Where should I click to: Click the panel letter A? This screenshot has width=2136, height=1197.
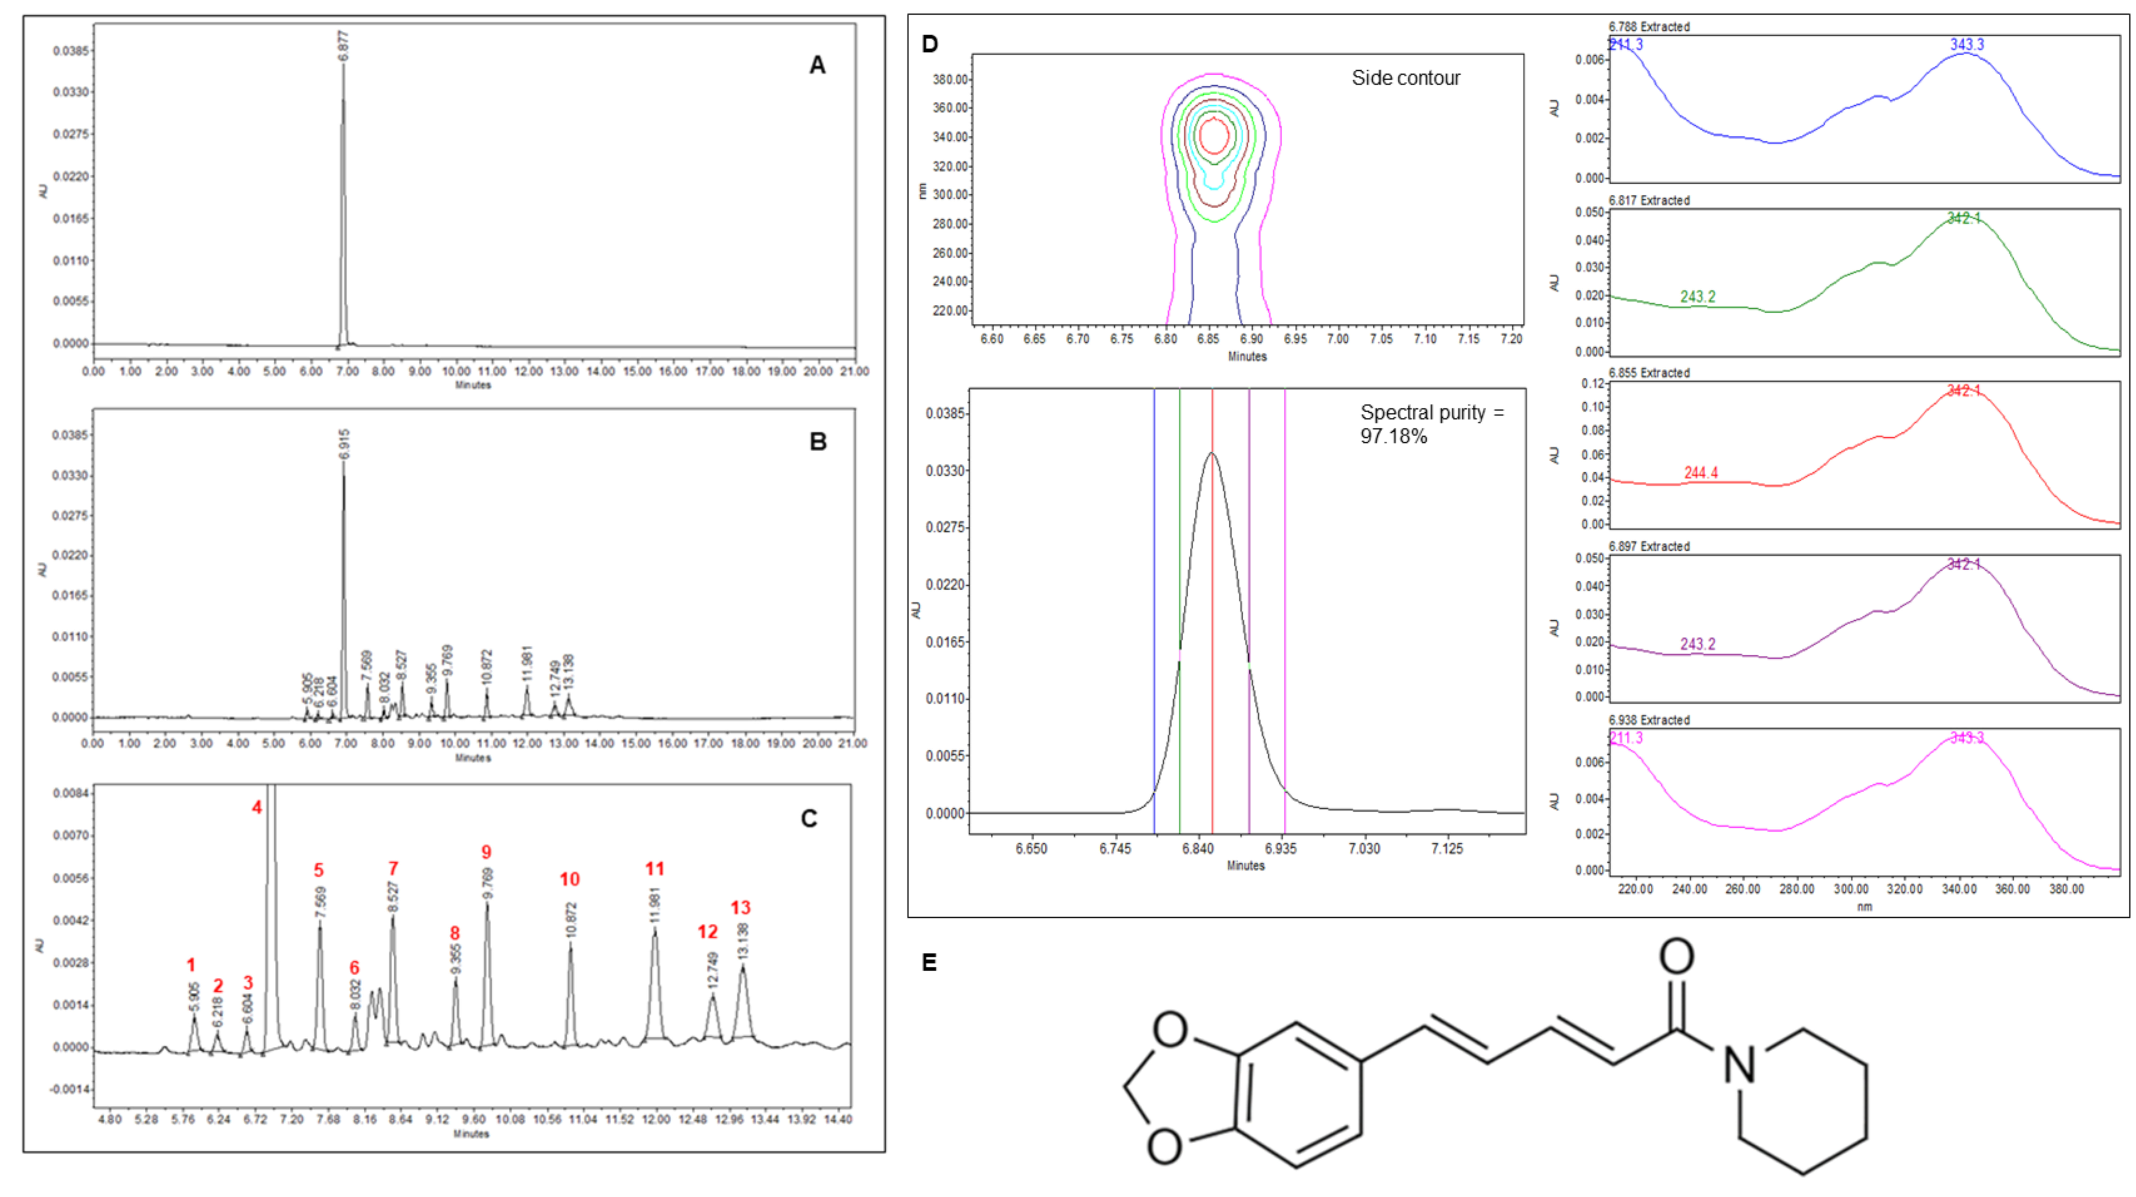coord(817,65)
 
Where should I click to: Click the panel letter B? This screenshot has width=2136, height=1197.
coord(818,442)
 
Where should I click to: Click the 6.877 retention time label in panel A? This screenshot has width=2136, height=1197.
coord(343,46)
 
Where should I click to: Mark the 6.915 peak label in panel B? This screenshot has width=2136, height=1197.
coord(344,444)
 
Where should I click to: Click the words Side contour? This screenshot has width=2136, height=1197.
coord(1405,78)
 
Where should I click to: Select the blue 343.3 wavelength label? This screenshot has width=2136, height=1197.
coord(1967,45)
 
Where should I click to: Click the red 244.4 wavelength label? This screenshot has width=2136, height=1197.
coord(1701,472)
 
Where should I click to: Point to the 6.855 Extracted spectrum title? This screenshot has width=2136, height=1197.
coord(1648,373)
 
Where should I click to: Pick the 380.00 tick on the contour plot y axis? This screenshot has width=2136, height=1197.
coord(950,80)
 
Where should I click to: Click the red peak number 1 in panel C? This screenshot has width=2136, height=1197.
coord(191,965)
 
